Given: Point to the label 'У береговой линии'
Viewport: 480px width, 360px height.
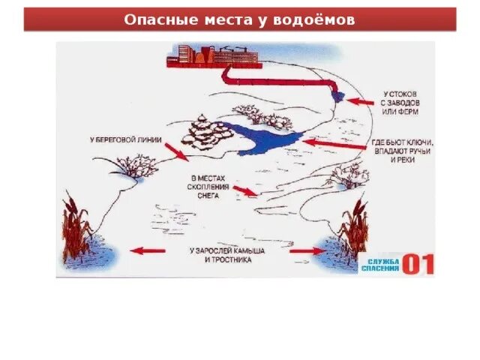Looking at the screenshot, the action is (125, 139).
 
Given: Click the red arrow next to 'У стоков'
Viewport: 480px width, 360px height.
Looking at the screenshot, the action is (359, 100).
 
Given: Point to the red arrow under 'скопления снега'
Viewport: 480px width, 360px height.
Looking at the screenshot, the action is (244, 191).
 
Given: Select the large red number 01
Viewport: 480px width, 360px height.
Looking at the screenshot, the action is (418, 263).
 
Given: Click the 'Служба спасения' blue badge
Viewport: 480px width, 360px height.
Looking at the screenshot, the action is (379, 264).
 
